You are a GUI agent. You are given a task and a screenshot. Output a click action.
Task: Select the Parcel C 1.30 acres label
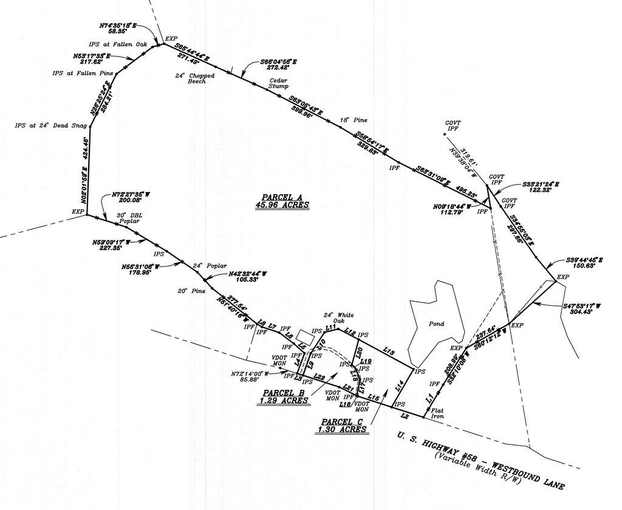(342, 425)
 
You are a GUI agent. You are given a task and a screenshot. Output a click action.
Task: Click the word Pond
(436, 324)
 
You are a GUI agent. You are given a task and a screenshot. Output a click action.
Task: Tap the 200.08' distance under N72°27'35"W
(126, 200)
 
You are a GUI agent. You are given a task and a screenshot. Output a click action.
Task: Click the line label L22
(320, 378)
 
